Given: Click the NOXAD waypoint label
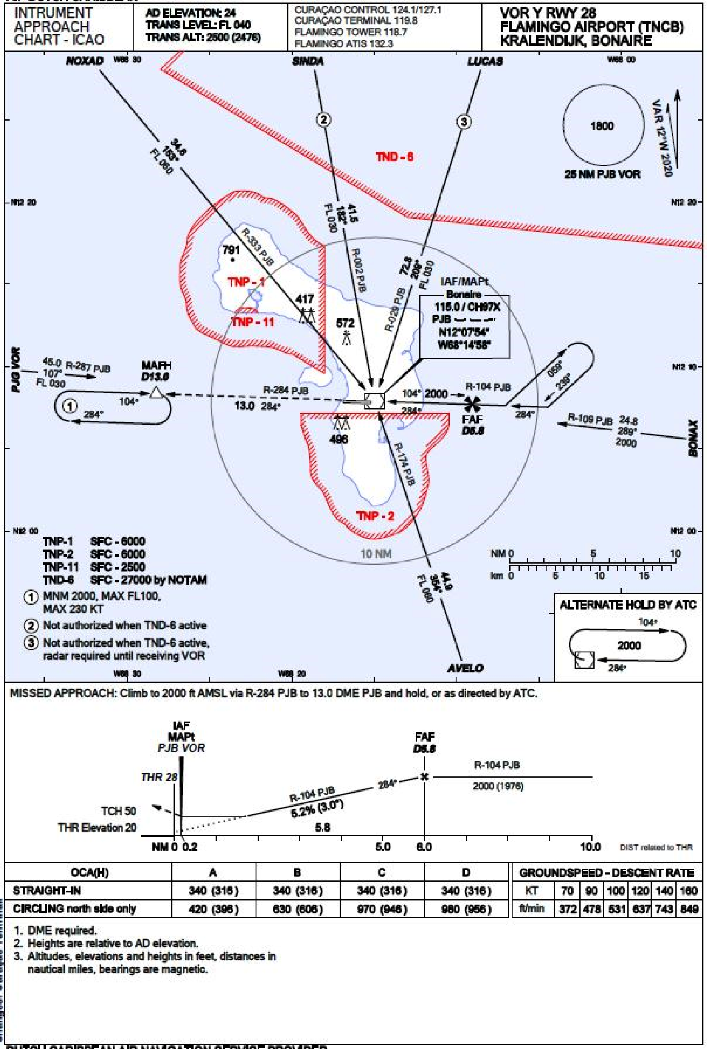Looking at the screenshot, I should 85,61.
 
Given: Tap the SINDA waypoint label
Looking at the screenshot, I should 308,61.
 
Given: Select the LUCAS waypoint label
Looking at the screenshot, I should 485,61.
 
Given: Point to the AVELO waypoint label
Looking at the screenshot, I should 465,668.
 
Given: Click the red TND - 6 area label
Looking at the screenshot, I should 394,157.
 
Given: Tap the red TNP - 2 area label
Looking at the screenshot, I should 375,516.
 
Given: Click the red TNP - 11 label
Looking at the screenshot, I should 252,322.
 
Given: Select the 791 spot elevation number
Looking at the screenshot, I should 231,250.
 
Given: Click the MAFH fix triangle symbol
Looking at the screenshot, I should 156,392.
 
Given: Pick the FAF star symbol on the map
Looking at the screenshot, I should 472,404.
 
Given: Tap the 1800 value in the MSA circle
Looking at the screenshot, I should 602,126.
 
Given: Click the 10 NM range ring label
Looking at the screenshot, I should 375,553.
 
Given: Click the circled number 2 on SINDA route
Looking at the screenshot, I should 323,120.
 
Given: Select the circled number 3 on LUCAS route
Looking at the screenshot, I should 464,122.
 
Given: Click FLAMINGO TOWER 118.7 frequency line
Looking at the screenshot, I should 351,32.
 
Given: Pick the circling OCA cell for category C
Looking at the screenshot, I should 381,909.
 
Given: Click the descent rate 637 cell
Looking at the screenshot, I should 641,909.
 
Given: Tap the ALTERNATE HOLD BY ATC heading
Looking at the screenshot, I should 627,605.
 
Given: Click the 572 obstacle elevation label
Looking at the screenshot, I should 345,323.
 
